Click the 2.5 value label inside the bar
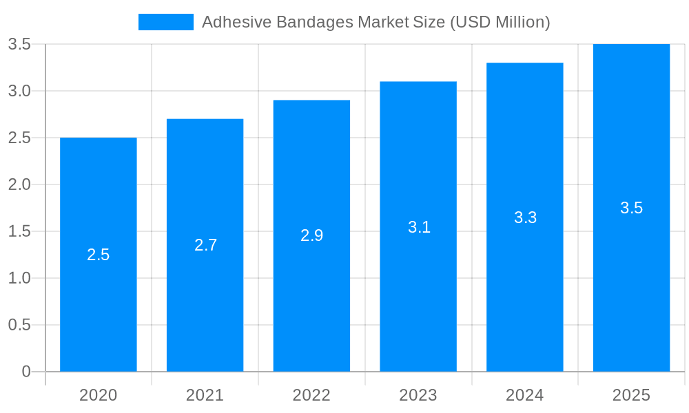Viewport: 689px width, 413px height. (98, 255)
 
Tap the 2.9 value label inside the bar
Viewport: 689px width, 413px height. (311, 235)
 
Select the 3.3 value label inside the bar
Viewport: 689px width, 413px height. (525, 218)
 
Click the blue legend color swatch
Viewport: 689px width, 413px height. (166, 22)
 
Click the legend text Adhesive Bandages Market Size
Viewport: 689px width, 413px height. (376, 22)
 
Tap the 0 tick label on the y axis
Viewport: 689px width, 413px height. (26, 372)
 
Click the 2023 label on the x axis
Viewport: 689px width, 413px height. (418, 395)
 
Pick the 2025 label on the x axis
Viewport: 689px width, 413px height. (631, 395)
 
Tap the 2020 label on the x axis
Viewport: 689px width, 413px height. (98, 395)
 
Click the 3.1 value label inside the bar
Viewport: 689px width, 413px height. (419, 227)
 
